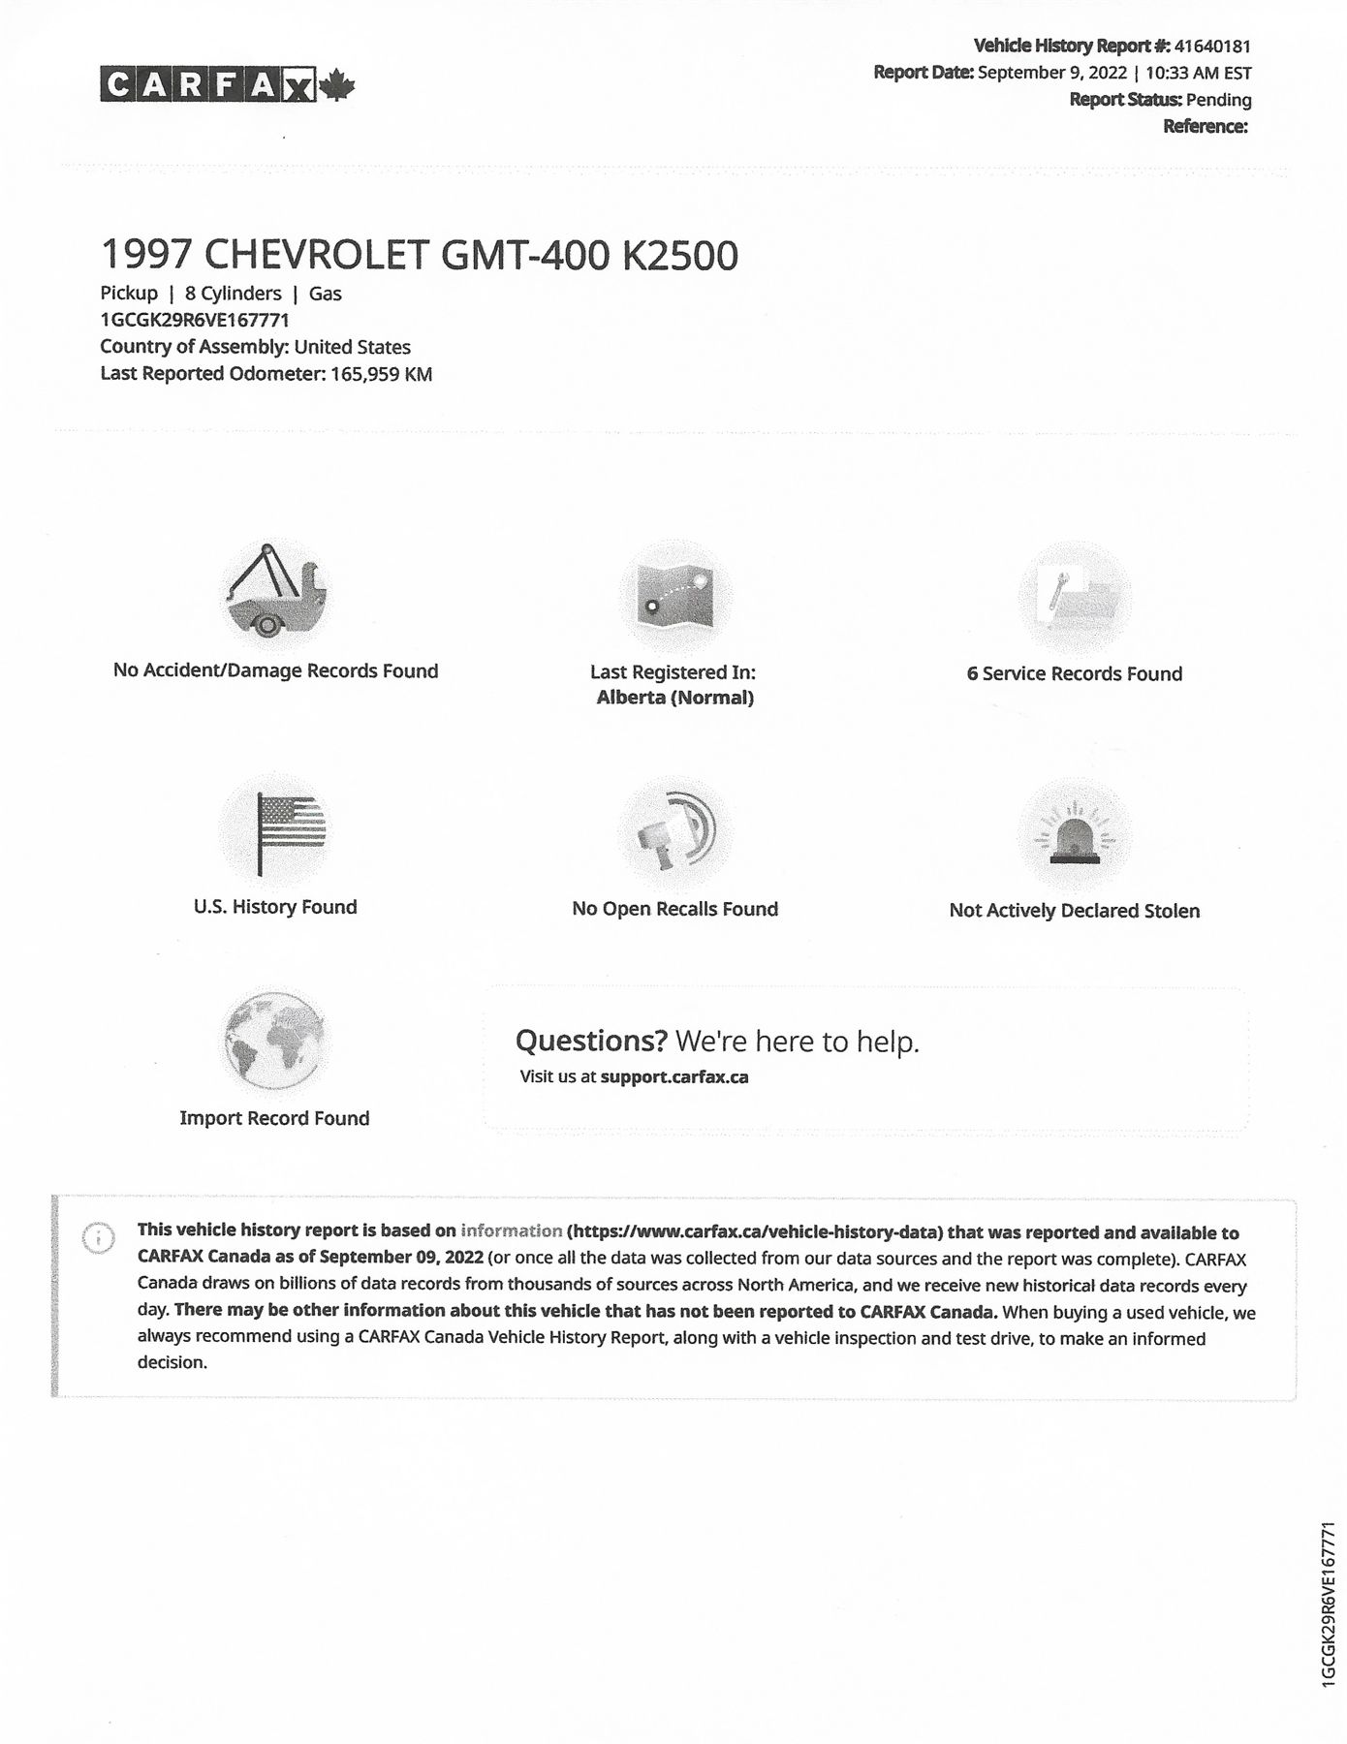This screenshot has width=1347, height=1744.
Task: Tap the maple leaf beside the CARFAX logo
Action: pos(337,86)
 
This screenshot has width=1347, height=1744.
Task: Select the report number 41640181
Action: pos(1211,46)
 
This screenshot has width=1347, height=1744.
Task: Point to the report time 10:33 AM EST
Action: pos(1198,73)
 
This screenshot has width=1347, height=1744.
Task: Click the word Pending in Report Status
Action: pos(1218,100)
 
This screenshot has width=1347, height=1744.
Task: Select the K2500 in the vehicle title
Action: pos(679,256)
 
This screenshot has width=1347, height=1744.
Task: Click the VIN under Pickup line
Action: pos(195,320)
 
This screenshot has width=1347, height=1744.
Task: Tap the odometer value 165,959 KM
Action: pos(381,374)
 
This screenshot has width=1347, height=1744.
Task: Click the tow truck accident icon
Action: pos(273,593)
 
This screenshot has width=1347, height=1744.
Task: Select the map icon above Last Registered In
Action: pos(675,596)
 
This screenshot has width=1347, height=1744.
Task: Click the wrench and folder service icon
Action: pos(1075,598)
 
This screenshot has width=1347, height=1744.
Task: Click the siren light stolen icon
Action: pos(1075,835)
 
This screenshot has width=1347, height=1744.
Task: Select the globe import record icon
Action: pos(274,1042)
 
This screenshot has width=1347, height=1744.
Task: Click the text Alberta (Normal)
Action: pos(674,698)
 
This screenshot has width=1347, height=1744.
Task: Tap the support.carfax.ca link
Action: pos(674,1076)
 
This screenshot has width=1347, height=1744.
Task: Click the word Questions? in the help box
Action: pos(591,1041)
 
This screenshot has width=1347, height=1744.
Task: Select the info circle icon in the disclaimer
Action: pos(99,1238)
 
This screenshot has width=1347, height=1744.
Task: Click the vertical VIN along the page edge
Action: pos(1329,1604)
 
